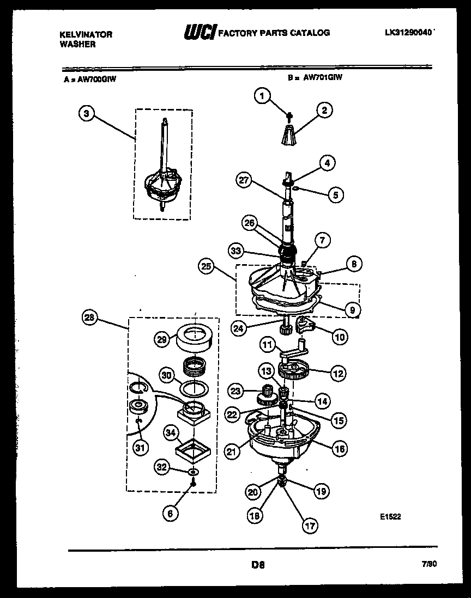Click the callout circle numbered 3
[86, 113]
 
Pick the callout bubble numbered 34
[170, 434]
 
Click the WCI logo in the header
[200, 33]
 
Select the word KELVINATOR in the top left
[85, 34]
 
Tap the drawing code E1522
[390, 517]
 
